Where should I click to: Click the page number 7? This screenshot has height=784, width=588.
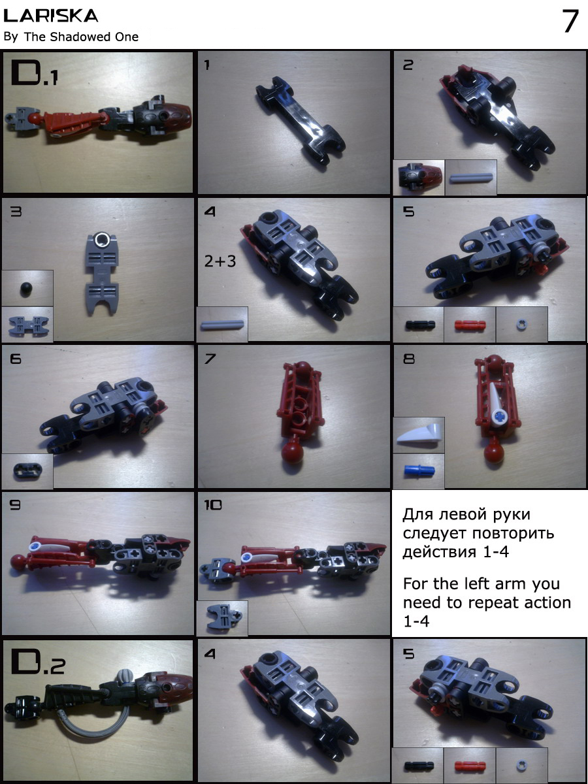[570, 21]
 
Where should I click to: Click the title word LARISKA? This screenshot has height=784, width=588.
[51, 16]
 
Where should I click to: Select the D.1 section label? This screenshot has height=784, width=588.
[35, 73]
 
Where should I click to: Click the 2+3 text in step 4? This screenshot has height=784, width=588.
[220, 261]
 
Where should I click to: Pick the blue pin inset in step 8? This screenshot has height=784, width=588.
[419, 470]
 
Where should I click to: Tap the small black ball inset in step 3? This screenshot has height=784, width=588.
[26, 289]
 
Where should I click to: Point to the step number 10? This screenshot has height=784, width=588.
[212, 504]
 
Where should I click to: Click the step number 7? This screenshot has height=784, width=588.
[210, 358]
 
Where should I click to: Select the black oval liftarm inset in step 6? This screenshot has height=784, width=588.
[27, 470]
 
